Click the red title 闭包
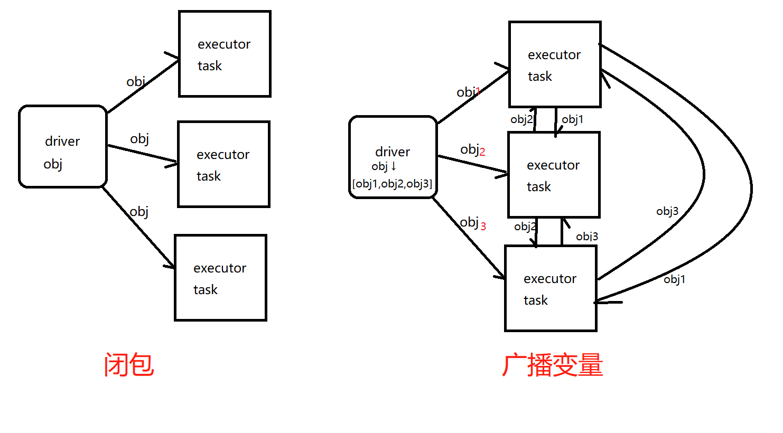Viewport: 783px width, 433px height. [x=129, y=365]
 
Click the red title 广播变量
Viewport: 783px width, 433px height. [x=552, y=365]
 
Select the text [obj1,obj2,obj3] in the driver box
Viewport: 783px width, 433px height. [x=392, y=184]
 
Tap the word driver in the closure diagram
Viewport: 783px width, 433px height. [x=62, y=142]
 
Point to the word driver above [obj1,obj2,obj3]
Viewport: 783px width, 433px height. [x=393, y=152]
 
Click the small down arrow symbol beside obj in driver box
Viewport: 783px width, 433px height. [x=394, y=166]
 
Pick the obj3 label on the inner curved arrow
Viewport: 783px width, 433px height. [x=667, y=212]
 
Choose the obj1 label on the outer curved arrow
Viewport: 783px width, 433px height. [x=675, y=279]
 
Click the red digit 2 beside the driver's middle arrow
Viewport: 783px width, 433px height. [x=482, y=152]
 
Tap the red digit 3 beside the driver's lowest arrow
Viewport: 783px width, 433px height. [x=483, y=227]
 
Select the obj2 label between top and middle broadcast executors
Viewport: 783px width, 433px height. [x=521, y=120]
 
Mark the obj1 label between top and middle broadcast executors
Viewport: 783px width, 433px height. [x=573, y=120]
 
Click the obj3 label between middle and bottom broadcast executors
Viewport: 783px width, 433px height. [x=587, y=237]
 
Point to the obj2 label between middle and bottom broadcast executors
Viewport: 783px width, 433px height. [x=525, y=227]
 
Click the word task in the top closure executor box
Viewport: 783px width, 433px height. [x=210, y=66]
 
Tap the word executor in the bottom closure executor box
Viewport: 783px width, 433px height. [x=220, y=268]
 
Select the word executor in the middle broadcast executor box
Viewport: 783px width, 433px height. [x=553, y=165]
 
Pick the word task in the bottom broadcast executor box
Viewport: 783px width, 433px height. [x=536, y=300]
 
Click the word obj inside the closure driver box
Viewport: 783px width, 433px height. [x=53, y=164]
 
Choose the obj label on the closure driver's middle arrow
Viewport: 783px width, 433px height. [x=139, y=139]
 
